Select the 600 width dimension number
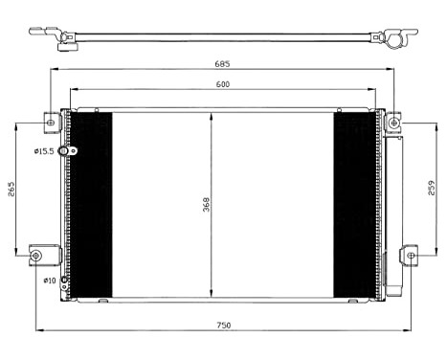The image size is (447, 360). [222, 85]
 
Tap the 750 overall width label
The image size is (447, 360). [223, 326]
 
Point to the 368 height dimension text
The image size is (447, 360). [206, 204]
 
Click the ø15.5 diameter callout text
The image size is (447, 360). [45, 151]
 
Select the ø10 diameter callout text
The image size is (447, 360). [49, 281]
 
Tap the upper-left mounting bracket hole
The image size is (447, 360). [52, 122]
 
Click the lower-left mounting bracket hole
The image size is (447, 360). [36, 256]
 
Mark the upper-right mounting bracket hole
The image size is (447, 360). [393, 123]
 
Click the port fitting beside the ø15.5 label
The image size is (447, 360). [65, 151]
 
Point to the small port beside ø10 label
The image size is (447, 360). [65, 281]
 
